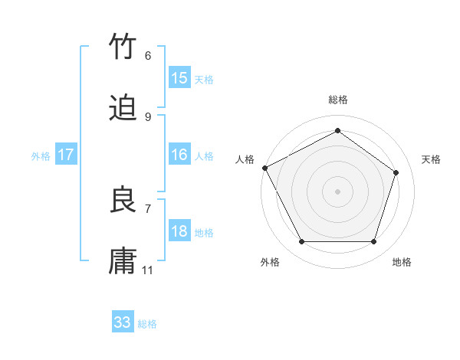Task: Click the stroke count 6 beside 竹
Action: click(147, 56)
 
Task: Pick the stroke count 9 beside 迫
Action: click(147, 116)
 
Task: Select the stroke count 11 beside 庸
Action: click(148, 270)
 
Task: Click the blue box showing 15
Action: click(179, 78)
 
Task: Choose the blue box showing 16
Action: click(179, 155)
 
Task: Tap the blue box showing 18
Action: click(179, 231)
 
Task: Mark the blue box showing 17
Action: click(65, 155)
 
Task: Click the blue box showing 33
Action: click(123, 322)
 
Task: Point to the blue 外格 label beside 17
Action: click(41, 155)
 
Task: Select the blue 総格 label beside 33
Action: click(147, 324)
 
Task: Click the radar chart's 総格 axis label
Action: click(337, 100)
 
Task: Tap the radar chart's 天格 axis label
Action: click(432, 159)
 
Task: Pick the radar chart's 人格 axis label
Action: click(245, 159)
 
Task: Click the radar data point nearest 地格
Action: click(374, 242)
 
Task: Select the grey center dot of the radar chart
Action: click(337, 191)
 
